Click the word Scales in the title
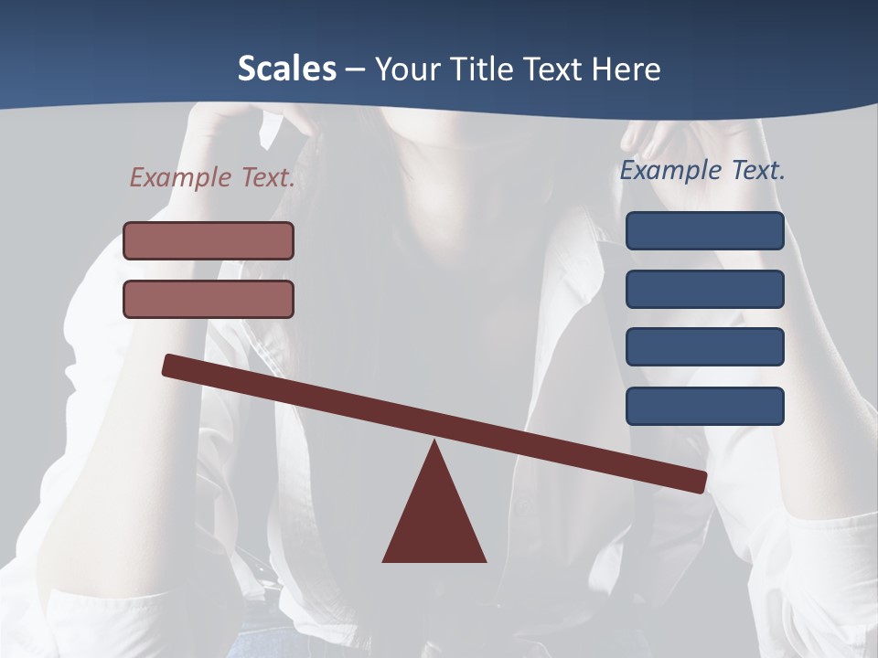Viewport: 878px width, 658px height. (x=286, y=69)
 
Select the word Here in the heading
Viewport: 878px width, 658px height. (x=624, y=69)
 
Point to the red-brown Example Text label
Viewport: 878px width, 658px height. (x=212, y=177)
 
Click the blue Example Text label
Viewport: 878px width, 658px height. (x=702, y=170)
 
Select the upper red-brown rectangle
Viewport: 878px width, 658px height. (x=209, y=240)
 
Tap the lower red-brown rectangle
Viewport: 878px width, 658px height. (x=209, y=299)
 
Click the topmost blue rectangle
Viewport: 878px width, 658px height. (x=705, y=230)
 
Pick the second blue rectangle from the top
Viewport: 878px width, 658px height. (x=705, y=289)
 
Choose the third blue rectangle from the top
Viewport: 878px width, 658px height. (x=705, y=347)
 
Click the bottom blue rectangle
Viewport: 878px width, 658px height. (x=705, y=406)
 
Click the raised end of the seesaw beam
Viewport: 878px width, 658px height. (x=171, y=366)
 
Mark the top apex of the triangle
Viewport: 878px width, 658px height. (x=434, y=442)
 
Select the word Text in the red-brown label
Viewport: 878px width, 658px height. (x=269, y=177)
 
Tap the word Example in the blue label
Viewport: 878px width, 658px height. (x=670, y=170)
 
